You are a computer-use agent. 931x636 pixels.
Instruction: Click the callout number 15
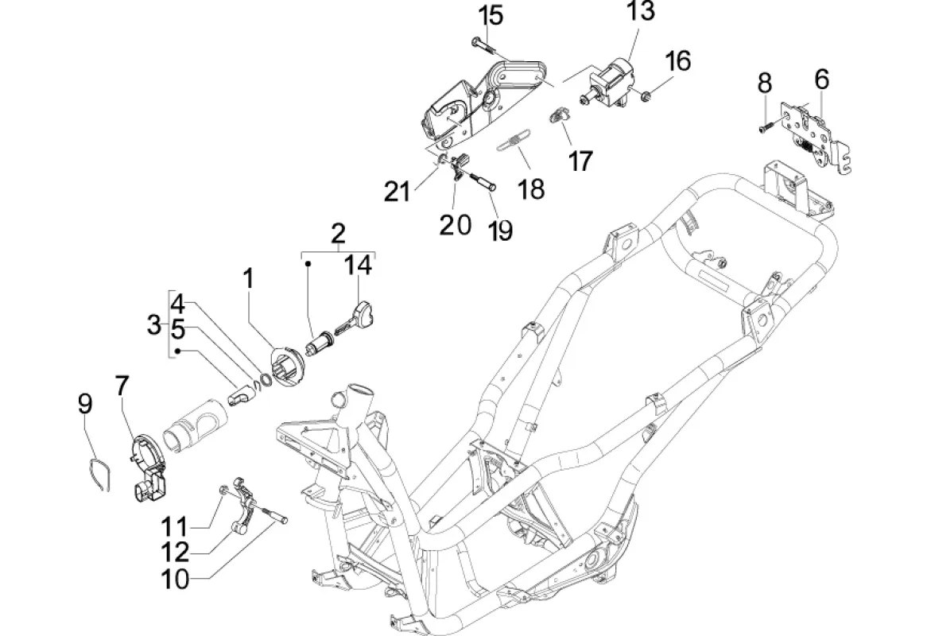pos(491,15)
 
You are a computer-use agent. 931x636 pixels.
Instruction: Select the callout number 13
pos(641,10)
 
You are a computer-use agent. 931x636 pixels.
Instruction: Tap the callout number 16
pos(677,61)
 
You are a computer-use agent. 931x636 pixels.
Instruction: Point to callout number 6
pos(822,79)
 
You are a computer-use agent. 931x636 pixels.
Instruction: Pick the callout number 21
pos(397,192)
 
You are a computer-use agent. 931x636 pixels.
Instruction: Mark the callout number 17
pos(580,161)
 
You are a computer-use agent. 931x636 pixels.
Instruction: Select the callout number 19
pos(501,231)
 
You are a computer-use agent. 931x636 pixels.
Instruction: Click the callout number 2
pos(338,234)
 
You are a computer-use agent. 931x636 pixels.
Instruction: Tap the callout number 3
pos(154,325)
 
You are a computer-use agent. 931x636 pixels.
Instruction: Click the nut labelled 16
pos(646,94)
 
